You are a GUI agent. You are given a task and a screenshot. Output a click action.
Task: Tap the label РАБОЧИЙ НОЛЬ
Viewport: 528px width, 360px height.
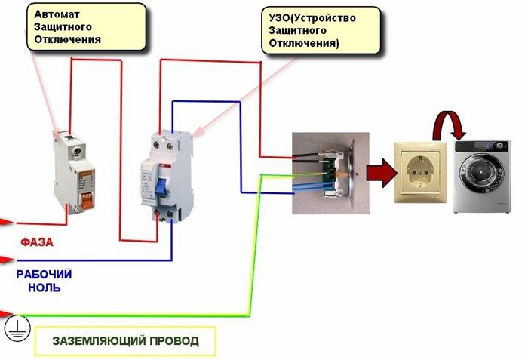pos(44,281)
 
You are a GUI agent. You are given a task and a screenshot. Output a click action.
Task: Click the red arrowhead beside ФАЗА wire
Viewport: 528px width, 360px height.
pos(6,223)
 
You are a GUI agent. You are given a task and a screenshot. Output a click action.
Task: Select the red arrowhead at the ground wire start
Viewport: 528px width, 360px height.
pos(5,312)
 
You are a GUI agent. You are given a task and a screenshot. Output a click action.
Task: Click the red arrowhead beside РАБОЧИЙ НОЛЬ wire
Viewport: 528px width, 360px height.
pos(6,261)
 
